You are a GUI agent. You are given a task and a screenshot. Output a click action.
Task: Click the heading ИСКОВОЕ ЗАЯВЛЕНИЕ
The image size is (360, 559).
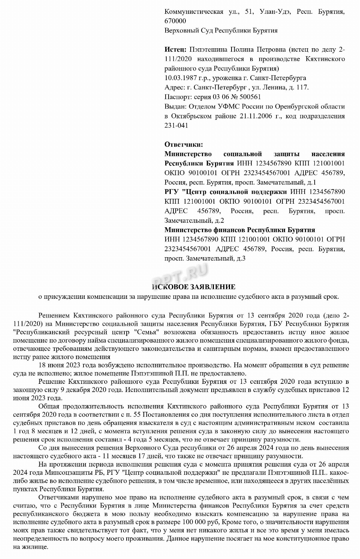(x=194, y=287)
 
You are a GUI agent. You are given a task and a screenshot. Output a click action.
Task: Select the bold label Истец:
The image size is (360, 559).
(x=175, y=49)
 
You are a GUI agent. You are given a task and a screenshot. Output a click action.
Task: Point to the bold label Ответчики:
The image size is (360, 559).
(x=184, y=145)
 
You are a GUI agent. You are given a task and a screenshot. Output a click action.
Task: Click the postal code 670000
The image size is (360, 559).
(x=175, y=21)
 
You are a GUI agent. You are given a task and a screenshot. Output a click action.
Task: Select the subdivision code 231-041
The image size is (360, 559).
(x=176, y=125)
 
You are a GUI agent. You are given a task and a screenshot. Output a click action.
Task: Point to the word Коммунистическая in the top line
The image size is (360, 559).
(x=194, y=12)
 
